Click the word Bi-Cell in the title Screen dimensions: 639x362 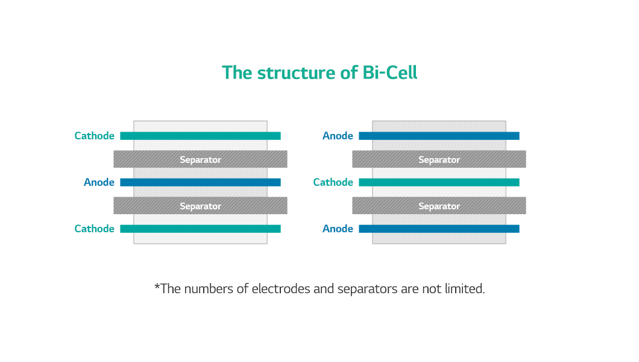(x=389, y=72)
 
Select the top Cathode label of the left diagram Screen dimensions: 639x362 (x=94, y=136)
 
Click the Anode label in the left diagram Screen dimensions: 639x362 (x=99, y=182)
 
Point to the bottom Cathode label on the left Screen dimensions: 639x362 (x=94, y=229)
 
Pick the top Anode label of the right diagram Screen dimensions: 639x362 (x=338, y=136)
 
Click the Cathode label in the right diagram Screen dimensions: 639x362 (x=333, y=182)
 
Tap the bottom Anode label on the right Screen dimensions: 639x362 (x=338, y=229)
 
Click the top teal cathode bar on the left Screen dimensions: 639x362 (x=201, y=136)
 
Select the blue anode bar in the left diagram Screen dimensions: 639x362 (x=201, y=182)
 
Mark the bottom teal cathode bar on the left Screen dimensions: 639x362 (x=201, y=229)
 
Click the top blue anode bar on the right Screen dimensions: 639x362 (x=439, y=136)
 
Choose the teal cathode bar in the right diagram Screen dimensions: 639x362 (x=439, y=182)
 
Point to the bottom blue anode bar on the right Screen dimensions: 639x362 (x=439, y=229)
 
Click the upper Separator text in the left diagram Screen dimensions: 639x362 (x=201, y=160)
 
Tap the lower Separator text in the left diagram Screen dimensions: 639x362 (x=201, y=206)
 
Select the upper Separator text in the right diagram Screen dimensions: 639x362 (x=439, y=160)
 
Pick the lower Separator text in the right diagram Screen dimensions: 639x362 (x=439, y=206)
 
